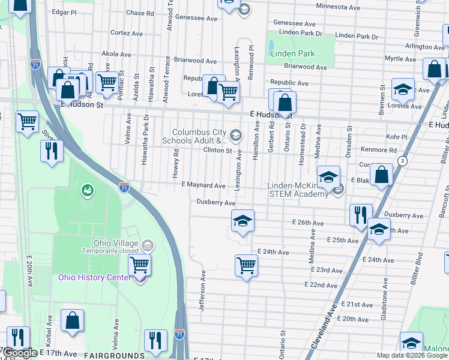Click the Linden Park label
click(292, 54)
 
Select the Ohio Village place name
click(115, 243)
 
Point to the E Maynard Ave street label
click(203, 186)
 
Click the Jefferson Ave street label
click(203, 290)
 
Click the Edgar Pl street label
click(65, 11)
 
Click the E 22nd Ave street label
click(321, 284)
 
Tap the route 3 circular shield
click(402, 161)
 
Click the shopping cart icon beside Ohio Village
click(140, 263)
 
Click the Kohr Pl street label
click(397, 137)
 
